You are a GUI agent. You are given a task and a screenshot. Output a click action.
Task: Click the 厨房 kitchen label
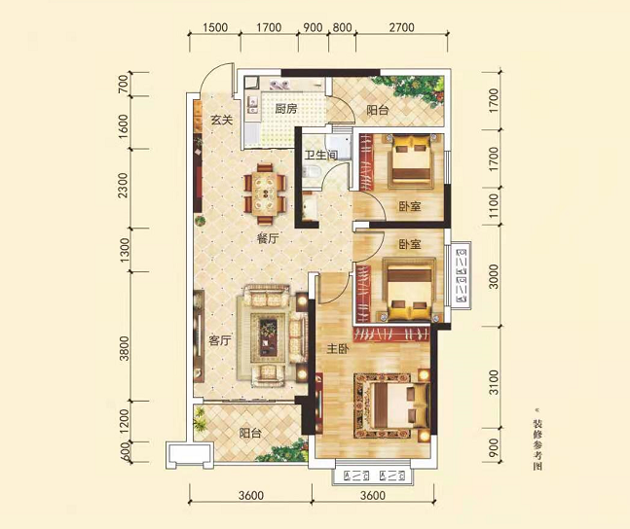coord(285,109)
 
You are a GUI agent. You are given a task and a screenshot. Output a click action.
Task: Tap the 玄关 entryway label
coord(222,120)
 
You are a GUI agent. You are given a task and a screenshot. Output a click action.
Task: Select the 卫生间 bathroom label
coord(320,155)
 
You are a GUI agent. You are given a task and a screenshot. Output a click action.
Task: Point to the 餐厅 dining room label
coord(268,239)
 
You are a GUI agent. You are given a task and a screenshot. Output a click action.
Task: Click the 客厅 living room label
coord(220,341)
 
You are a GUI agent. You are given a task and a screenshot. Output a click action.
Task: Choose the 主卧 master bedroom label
coord(338,349)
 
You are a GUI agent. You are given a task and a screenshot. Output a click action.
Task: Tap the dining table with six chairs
coord(265,194)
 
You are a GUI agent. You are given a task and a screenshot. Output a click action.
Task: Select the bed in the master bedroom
coord(398,406)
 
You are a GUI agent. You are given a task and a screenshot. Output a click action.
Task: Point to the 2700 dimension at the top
coord(401,27)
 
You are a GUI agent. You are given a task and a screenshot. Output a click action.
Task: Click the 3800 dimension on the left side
coord(125,348)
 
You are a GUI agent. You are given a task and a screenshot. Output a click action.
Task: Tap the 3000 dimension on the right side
coord(494,276)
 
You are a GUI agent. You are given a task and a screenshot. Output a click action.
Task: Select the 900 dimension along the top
coord(313,27)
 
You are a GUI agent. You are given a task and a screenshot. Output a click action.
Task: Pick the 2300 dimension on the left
coord(124,185)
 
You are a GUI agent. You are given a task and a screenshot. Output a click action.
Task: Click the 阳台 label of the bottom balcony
coord(250,433)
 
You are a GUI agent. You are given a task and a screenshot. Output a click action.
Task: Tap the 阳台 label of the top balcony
coord(377,110)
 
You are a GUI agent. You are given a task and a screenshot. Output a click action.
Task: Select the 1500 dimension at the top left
coord(215,27)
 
